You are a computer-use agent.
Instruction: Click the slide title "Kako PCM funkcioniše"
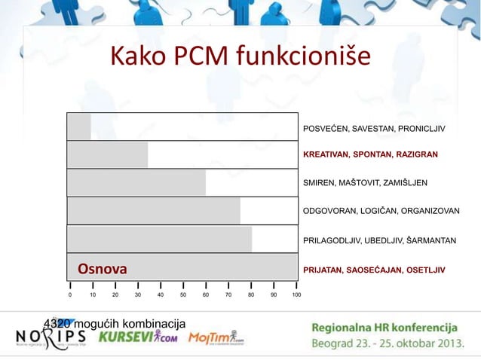(240, 56)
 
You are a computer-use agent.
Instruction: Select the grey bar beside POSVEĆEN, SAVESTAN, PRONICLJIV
(79, 127)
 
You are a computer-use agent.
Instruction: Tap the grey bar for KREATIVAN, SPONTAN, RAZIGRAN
(107, 154)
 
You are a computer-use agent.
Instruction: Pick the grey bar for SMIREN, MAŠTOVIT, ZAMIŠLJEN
(136, 182)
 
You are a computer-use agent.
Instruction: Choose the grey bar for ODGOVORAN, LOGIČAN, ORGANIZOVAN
(153, 211)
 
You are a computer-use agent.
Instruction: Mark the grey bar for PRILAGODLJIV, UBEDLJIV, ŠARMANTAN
(159, 239)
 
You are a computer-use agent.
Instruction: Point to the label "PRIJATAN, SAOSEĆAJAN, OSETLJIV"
(374, 270)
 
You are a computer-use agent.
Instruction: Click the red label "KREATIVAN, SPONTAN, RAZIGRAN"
(370, 154)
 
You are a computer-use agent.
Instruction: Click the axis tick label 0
(70, 296)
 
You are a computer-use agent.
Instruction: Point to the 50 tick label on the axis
(183, 296)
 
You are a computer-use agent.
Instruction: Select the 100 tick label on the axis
(296, 296)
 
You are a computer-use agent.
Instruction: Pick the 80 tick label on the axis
(251, 296)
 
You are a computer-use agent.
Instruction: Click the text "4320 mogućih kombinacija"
(115, 323)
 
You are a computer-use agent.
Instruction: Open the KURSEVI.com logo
(137, 337)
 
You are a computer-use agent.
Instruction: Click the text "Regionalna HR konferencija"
(384, 328)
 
